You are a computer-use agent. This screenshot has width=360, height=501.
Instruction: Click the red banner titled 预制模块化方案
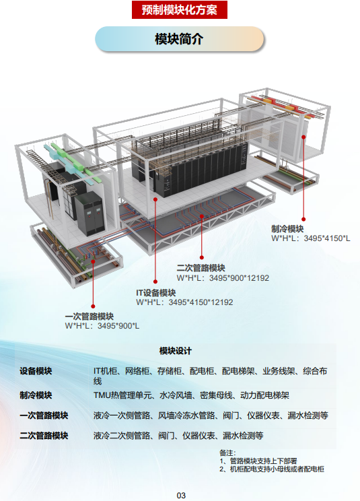point(180,9)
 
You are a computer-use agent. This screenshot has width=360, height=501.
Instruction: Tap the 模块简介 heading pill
point(180,39)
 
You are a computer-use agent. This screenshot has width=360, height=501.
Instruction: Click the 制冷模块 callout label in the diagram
point(287,229)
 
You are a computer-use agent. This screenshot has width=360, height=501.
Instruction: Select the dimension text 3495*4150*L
point(327,238)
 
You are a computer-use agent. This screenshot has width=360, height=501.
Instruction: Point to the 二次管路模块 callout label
point(201,268)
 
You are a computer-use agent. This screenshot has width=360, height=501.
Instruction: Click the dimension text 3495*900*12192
point(239,278)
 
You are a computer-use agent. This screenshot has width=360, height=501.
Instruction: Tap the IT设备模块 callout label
point(155,293)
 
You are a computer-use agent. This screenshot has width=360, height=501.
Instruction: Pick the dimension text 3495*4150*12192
point(201,302)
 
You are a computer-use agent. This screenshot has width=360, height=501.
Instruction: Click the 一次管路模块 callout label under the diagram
point(89,316)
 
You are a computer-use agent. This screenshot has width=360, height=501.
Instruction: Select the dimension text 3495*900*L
point(118,326)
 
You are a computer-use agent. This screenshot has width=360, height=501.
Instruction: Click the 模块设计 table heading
point(176,351)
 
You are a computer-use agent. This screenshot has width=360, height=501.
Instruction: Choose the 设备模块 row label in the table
point(36,371)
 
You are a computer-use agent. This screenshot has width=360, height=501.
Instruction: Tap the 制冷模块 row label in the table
point(36,395)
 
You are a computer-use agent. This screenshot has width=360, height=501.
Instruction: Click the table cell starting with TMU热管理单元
point(191,395)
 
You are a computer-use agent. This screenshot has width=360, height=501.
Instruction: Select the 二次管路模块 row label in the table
point(44,436)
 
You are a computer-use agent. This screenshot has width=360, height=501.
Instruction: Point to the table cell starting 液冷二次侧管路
point(178,436)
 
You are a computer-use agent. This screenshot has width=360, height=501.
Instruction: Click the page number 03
point(181,495)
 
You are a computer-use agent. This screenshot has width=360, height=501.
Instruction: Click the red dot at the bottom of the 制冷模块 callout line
point(303,220)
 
